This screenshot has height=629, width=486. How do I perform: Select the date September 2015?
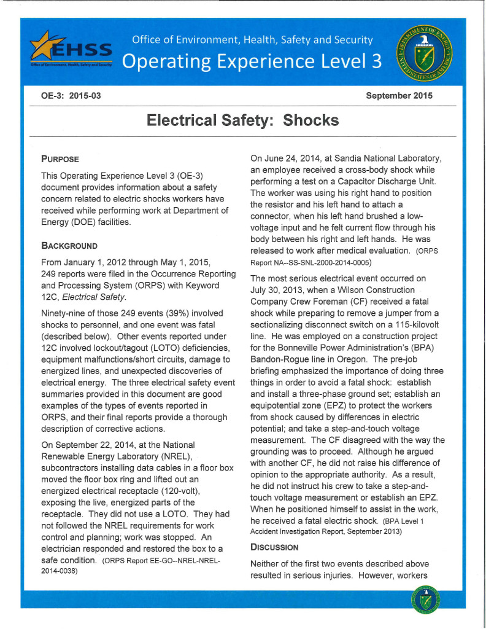coord(399,96)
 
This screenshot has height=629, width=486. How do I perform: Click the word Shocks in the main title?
coord(310,120)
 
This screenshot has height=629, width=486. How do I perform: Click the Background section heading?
coord(69,245)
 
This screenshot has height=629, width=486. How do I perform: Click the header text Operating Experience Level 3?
coord(252,61)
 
